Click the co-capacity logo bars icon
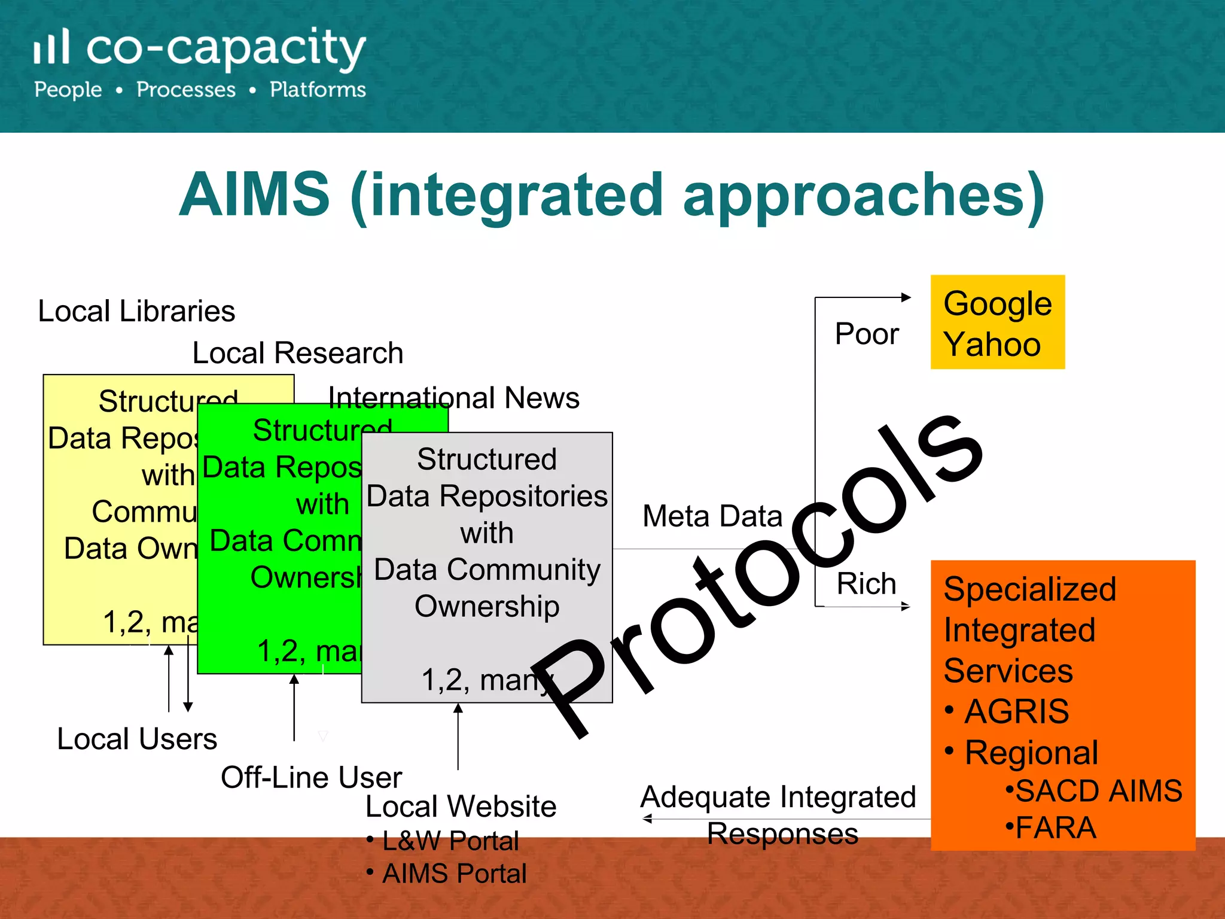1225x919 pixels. point(51,47)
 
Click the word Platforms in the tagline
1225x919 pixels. point(318,90)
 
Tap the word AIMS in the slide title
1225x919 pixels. point(254,194)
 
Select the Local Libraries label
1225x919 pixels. point(136,311)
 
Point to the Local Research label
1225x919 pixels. point(297,353)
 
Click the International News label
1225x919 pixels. point(454,398)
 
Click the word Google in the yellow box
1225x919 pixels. point(997,304)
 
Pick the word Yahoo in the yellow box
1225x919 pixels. point(992,345)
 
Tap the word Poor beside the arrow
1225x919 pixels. point(867,334)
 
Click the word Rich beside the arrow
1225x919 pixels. point(866,583)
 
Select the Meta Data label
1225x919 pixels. point(712,516)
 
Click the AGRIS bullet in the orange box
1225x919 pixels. point(1016,711)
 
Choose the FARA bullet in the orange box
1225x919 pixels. point(1055,828)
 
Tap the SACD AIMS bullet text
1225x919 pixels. point(1098,790)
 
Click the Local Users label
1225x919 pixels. point(137,739)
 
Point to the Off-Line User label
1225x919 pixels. point(311,778)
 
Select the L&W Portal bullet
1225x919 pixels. point(450,841)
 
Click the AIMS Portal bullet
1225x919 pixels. point(454,874)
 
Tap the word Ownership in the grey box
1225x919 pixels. point(487,606)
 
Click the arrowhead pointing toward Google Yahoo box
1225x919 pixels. point(906,297)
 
